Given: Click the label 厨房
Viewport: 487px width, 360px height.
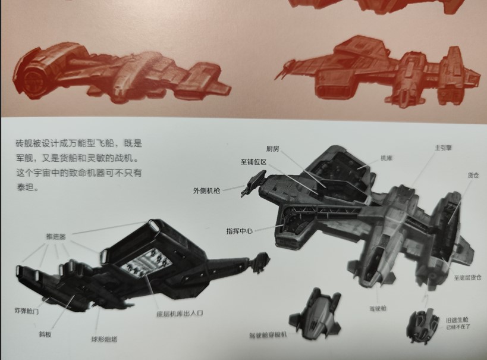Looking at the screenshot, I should pos(273,149).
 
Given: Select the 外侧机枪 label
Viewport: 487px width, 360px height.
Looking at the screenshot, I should pos(206,190).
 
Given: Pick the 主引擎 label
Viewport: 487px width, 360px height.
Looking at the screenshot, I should pos(443,148).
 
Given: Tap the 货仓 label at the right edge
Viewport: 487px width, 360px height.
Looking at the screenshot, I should pos(473,176).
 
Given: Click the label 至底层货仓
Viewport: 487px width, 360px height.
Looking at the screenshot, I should pos(466,277).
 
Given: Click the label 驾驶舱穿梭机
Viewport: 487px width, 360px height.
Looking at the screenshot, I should pos(268,335).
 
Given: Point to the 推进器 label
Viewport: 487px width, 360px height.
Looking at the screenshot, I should pos(55,236).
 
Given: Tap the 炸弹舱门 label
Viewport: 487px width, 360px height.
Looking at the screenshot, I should pos(26,311).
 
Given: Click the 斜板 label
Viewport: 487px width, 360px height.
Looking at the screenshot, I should pos(45,334).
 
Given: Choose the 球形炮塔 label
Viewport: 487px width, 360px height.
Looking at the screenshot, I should pos(104,339).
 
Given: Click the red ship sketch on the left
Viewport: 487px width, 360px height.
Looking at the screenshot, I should pos(119,74).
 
